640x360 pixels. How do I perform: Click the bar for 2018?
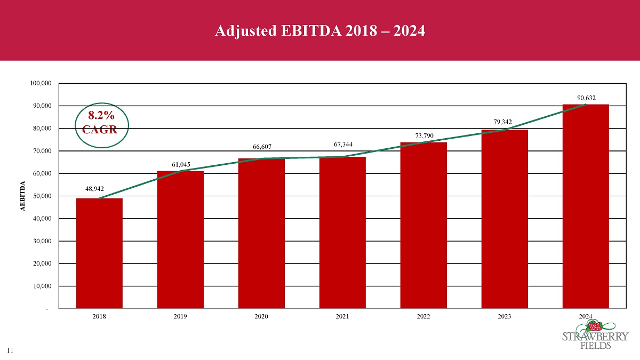(99, 253)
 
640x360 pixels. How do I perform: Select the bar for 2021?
(342, 233)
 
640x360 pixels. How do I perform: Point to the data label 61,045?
(181, 164)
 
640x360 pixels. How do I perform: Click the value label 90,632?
(586, 98)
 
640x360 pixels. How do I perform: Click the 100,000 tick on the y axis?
(41, 84)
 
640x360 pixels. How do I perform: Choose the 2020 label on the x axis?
(261, 317)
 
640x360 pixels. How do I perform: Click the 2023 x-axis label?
(505, 317)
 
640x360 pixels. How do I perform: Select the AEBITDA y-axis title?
(23, 196)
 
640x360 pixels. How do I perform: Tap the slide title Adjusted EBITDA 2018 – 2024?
(319, 31)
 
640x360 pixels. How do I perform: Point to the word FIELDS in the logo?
(595, 345)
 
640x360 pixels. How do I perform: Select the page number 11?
(10, 350)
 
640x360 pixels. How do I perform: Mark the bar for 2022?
(423, 225)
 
